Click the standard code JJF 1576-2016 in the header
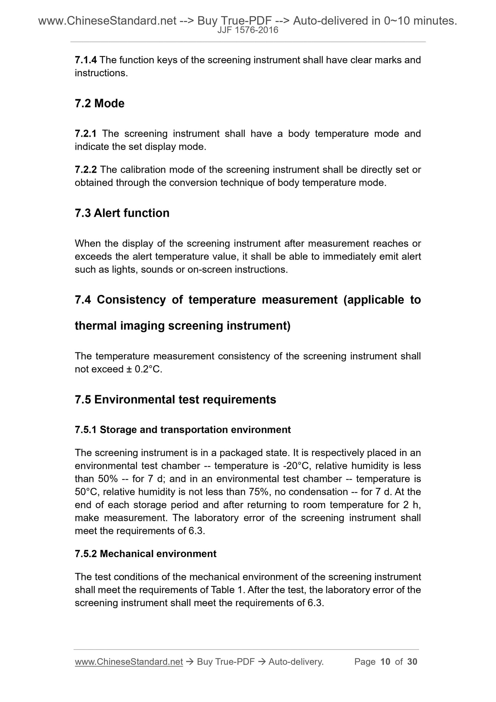[248, 31]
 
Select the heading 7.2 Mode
[100, 103]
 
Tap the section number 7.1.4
[86, 60]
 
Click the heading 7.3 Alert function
[122, 213]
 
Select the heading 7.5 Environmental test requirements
[175, 400]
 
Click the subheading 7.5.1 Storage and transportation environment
[183, 430]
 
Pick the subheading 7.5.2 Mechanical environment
[146, 554]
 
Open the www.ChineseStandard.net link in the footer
[129, 662]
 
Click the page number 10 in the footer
[385, 662]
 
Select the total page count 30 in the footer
[412, 662]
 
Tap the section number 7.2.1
[86, 134]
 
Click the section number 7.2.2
[86, 170]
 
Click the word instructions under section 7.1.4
[101, 73]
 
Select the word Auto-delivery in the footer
[296, 662]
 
